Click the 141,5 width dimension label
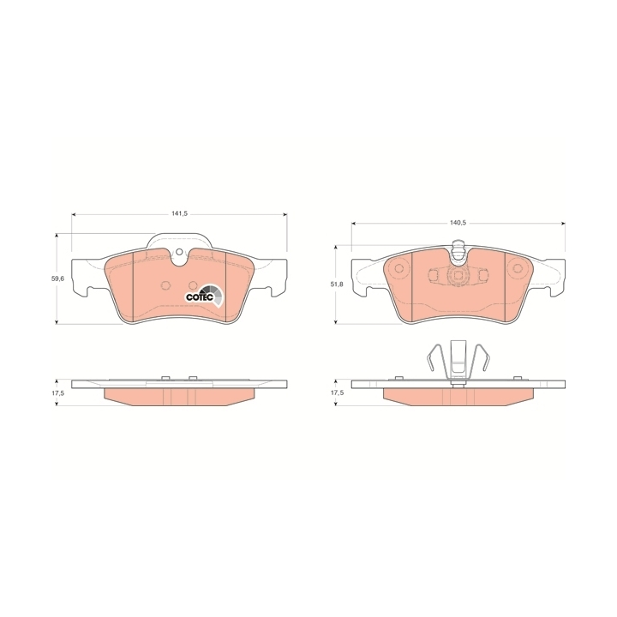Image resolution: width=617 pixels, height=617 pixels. pos(179,213)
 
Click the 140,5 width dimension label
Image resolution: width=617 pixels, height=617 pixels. pos(458,223)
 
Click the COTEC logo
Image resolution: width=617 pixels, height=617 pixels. pos(204,295)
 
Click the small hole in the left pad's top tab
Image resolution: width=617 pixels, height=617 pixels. pos(179,252)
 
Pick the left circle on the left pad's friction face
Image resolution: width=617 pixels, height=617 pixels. pos(165,285)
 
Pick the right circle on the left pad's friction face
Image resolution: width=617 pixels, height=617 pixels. pos(193,285)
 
